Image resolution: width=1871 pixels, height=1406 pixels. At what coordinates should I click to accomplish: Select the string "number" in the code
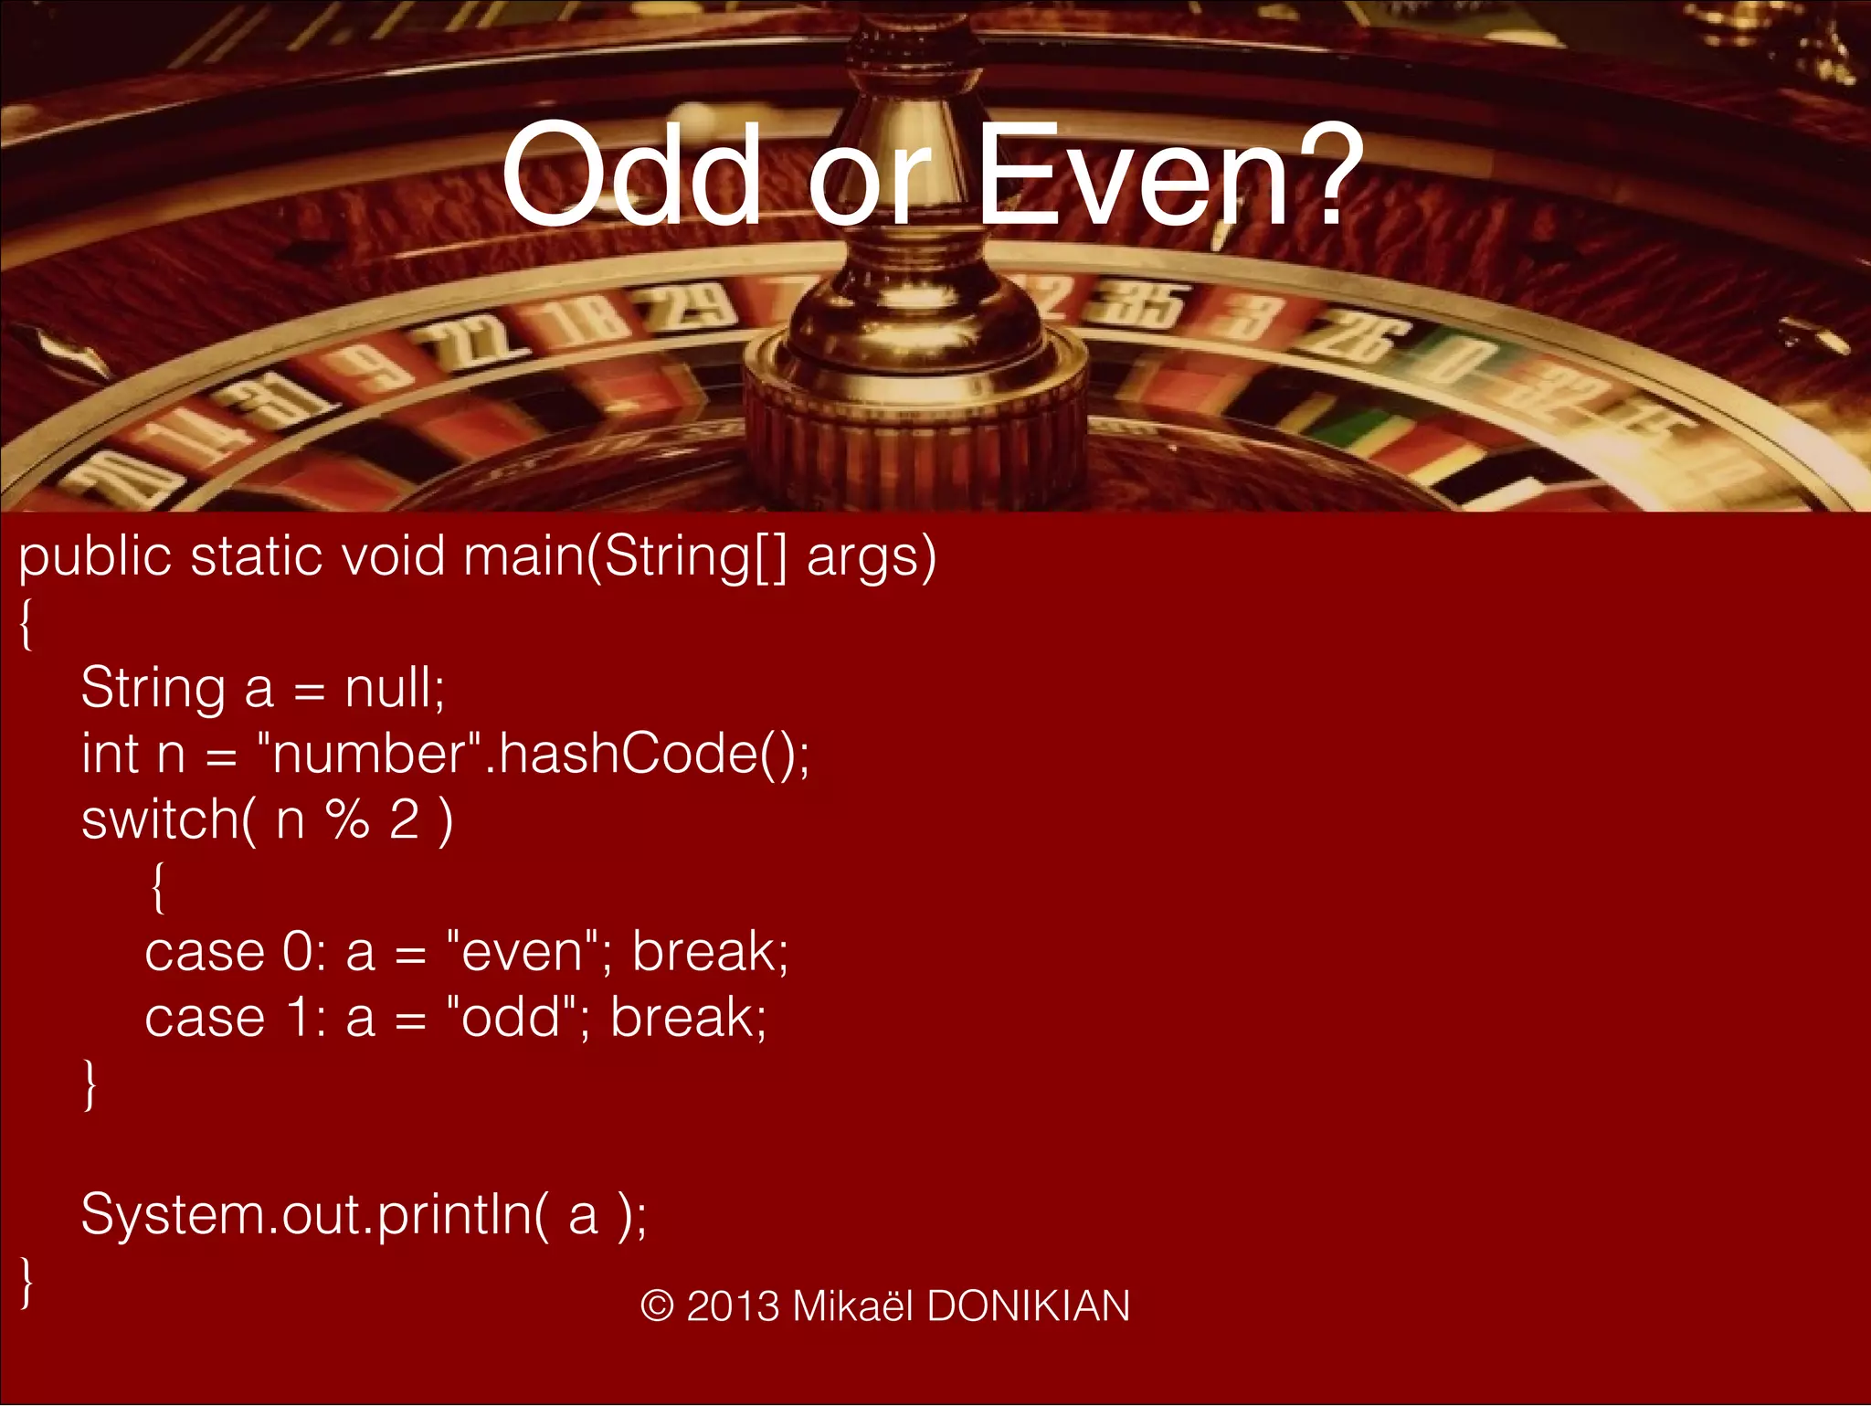pos(369,754)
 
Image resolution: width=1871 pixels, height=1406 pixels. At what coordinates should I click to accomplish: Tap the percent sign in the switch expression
pos(348,819)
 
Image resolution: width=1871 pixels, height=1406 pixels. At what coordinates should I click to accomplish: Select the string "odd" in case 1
pos(511,1017)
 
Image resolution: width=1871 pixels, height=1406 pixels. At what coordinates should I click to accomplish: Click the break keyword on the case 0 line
pos(708,951)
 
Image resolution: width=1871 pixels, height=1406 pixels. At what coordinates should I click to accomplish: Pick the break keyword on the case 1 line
pos(686,1017)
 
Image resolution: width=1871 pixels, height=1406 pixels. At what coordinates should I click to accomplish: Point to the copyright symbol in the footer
pos(657,1306)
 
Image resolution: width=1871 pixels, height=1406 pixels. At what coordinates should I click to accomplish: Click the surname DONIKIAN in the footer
pos(1028,1306)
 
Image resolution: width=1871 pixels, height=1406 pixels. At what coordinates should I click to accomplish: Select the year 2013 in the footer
pos(734,1306)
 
